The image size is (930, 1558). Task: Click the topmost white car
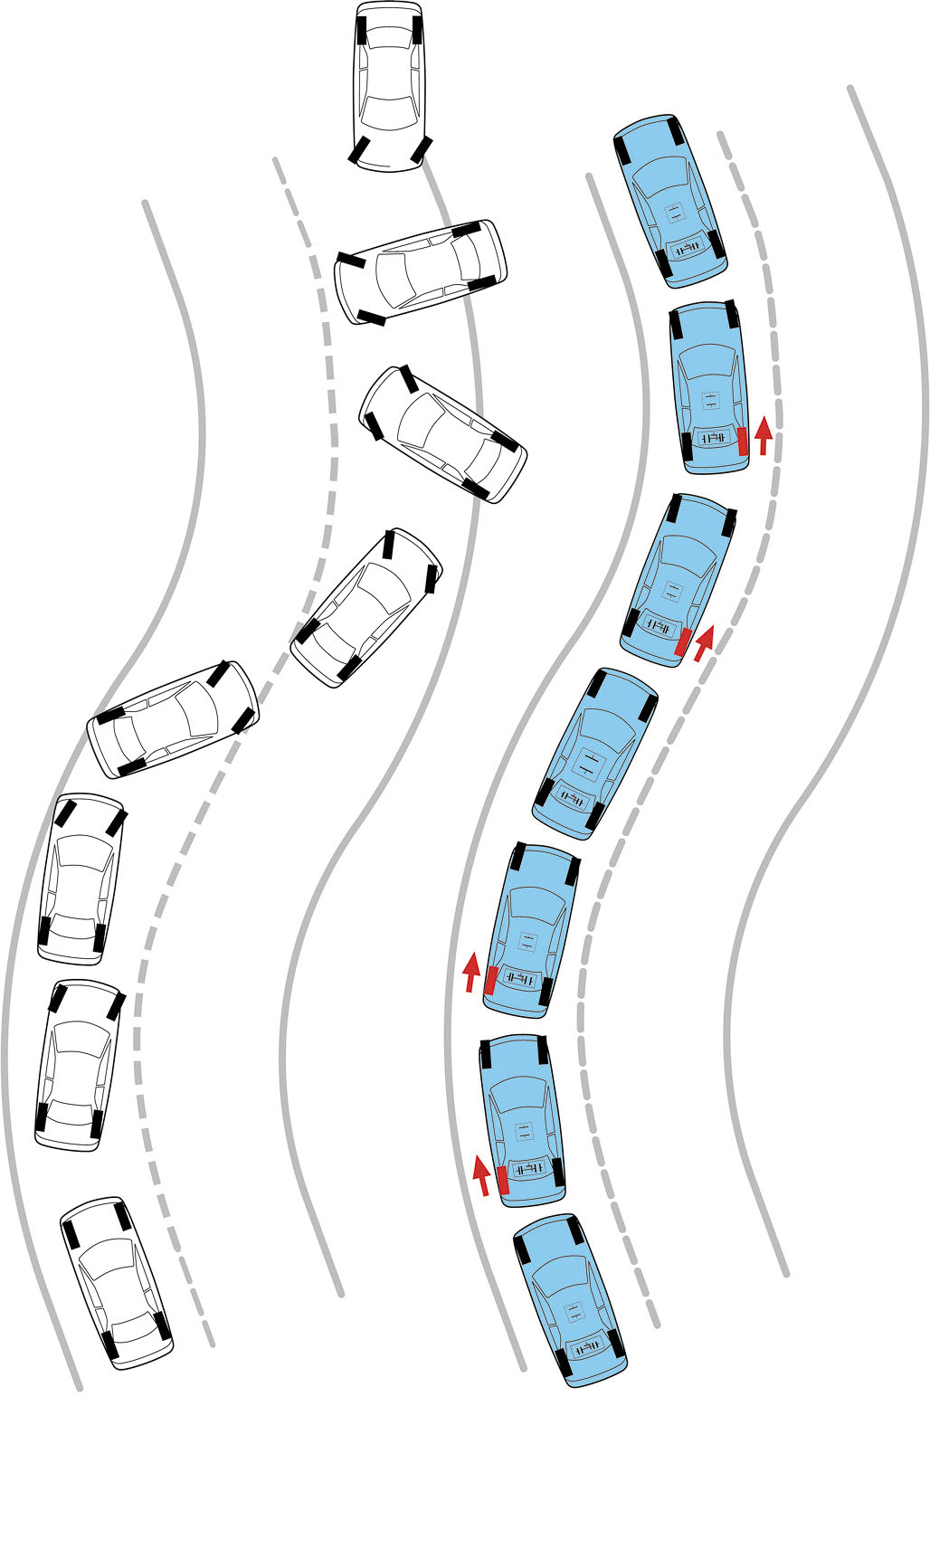coord(389,86)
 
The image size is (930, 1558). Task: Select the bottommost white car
coord(117,1282)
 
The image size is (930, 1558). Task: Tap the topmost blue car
coord(670,201)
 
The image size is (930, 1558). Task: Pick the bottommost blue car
coord(571,1300)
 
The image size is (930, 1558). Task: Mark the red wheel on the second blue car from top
coord(743,441)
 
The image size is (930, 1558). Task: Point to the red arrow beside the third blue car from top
coord(703,641)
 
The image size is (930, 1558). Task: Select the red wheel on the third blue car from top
coord(684,641)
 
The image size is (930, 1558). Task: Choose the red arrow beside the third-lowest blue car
coord(470,972)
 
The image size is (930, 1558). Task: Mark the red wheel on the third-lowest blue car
coord(490,980)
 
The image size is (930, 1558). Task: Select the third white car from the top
coord(442,434)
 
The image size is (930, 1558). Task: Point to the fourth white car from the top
coord(366,608)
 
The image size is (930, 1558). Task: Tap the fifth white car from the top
coord(173,719)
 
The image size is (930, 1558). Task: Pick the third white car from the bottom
coord(80,878)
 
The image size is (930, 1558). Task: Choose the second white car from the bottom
coord(79,1064)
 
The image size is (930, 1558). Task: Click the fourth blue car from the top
coord(594,753)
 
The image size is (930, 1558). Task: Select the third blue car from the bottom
coord(530,929)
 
